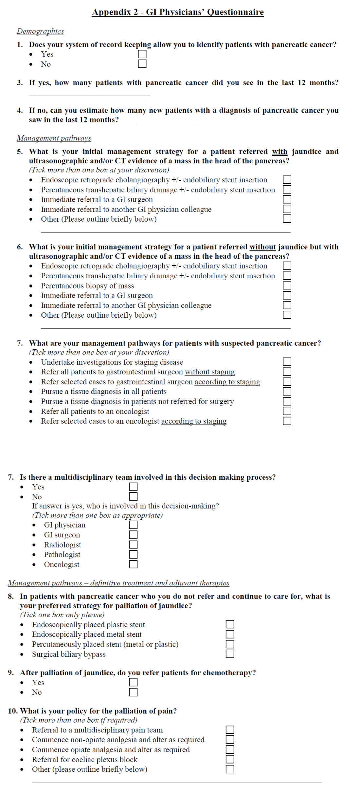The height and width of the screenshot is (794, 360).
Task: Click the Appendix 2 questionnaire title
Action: point(178,12)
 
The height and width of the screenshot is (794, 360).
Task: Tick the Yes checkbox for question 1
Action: point(142,54)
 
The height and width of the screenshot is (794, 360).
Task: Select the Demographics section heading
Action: point(40,31)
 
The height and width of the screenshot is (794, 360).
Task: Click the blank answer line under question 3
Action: point(89,95)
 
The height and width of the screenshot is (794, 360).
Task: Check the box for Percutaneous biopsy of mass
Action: point(287,286)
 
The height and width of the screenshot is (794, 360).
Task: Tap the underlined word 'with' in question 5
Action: point(279,152)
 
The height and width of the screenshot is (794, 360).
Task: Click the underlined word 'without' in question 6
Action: point(262,247)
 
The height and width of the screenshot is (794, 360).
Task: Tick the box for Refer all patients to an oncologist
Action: point(287,411)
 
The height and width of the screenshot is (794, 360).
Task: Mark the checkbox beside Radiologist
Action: point(133,545)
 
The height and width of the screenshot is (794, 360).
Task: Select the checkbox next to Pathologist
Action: point(133,554)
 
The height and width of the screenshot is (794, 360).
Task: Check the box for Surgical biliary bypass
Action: point(230,654)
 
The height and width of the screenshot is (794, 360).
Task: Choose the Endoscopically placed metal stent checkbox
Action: point(230,634)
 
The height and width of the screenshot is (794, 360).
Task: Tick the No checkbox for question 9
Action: point(133,692)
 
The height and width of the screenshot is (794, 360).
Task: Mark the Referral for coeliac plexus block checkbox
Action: point(230,759)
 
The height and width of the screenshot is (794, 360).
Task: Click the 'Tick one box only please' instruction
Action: point(62,615)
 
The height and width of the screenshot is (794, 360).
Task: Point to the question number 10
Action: point(13,711)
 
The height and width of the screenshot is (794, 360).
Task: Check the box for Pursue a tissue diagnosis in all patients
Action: point(287,391)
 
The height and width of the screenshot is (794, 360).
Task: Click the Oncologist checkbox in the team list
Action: point(133,564)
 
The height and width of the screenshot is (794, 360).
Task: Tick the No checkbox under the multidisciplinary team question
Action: point(133,496)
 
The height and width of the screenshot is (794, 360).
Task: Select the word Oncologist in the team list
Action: point(62,564)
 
